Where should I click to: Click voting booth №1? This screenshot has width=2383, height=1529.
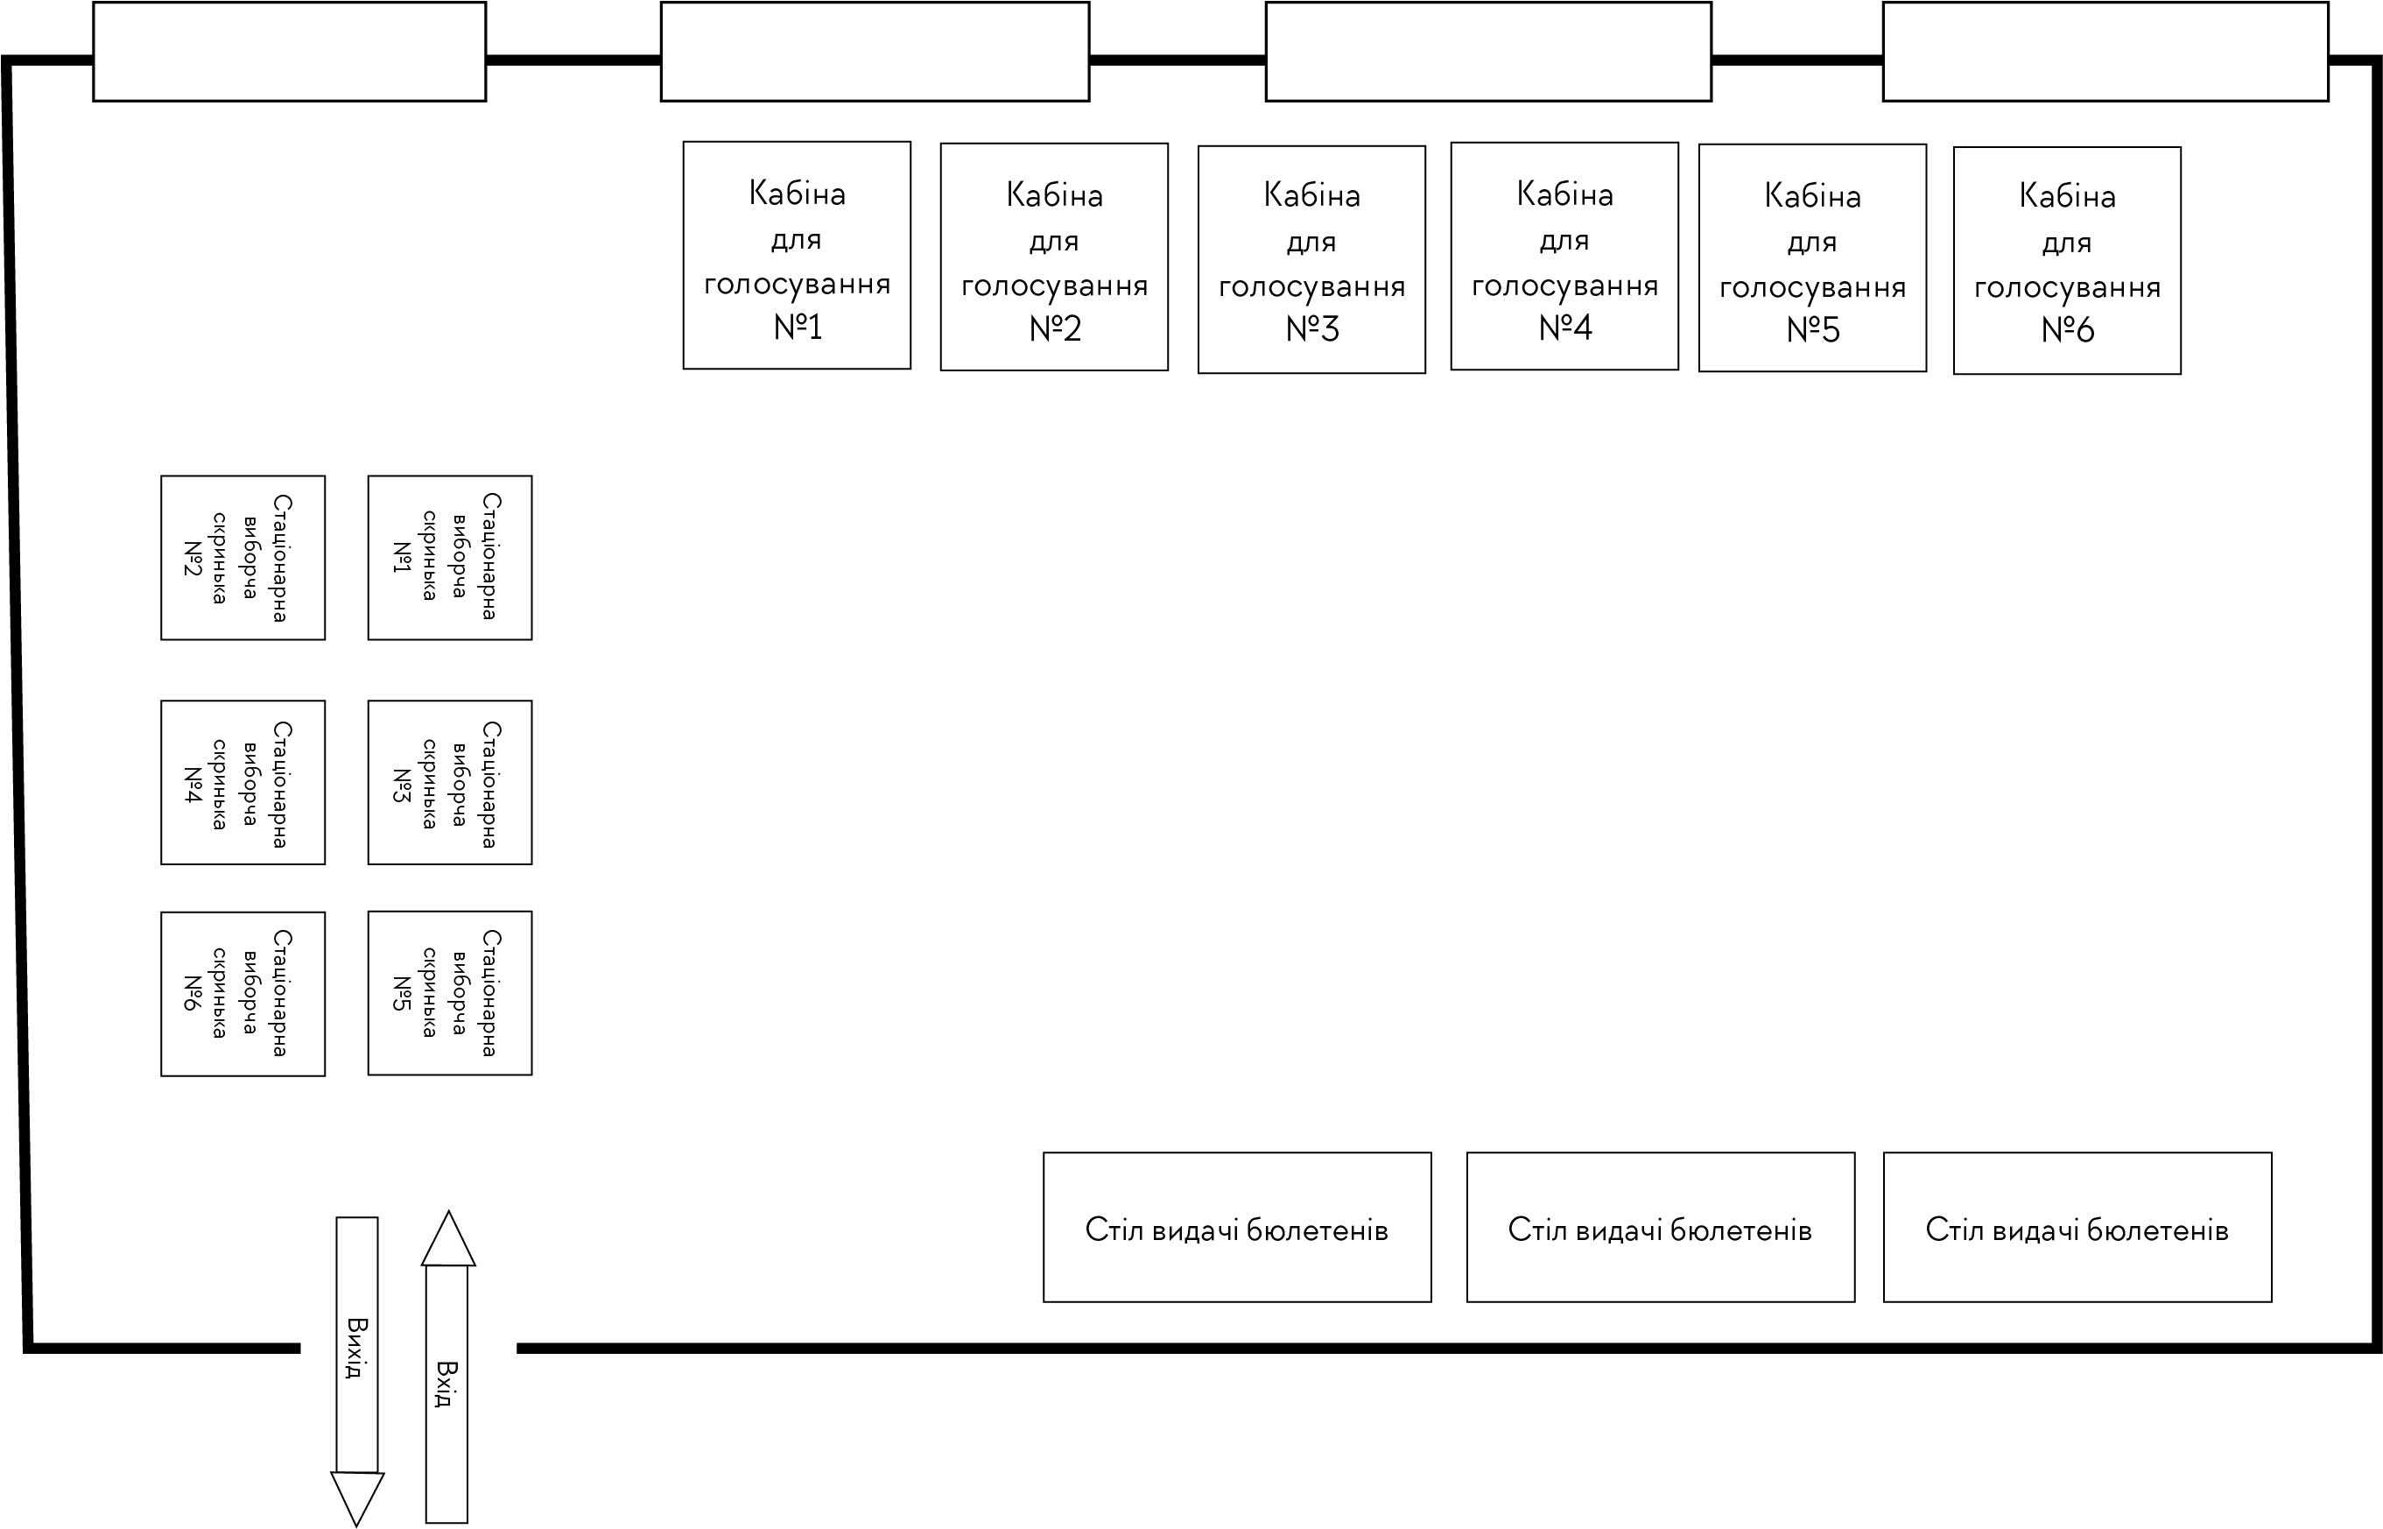tap(796, 255)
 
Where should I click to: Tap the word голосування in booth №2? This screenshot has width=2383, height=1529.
tap(1054, 287)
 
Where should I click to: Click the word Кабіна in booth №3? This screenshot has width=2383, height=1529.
tap(1311, 195)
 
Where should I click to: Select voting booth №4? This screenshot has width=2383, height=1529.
tap(1564, 257)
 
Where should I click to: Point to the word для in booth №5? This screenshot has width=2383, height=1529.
tap(1811, 242)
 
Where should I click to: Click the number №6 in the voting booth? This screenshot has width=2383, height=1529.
tap(2066, 329)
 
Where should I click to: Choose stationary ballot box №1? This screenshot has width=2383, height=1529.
tap(450, 557)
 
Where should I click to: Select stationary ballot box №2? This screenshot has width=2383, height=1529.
tap(243, 557)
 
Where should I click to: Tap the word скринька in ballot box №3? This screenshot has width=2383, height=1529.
tap(429, 784)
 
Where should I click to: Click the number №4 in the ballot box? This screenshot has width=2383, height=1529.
tap(193, 785)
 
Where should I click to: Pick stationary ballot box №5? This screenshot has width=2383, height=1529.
tap(450, 993)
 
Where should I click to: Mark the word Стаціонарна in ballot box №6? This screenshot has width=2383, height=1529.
tap(281, 993)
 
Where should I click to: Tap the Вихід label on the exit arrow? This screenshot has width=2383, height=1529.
tap(357, 1348)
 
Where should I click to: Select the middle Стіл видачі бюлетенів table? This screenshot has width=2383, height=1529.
tap(1660, 1228)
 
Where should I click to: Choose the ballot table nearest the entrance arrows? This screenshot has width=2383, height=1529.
tap(1237, 1228)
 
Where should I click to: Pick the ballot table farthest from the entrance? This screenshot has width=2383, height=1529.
tap(2077, 1228)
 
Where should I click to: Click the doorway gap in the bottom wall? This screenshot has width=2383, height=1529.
tap(408, 1348)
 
